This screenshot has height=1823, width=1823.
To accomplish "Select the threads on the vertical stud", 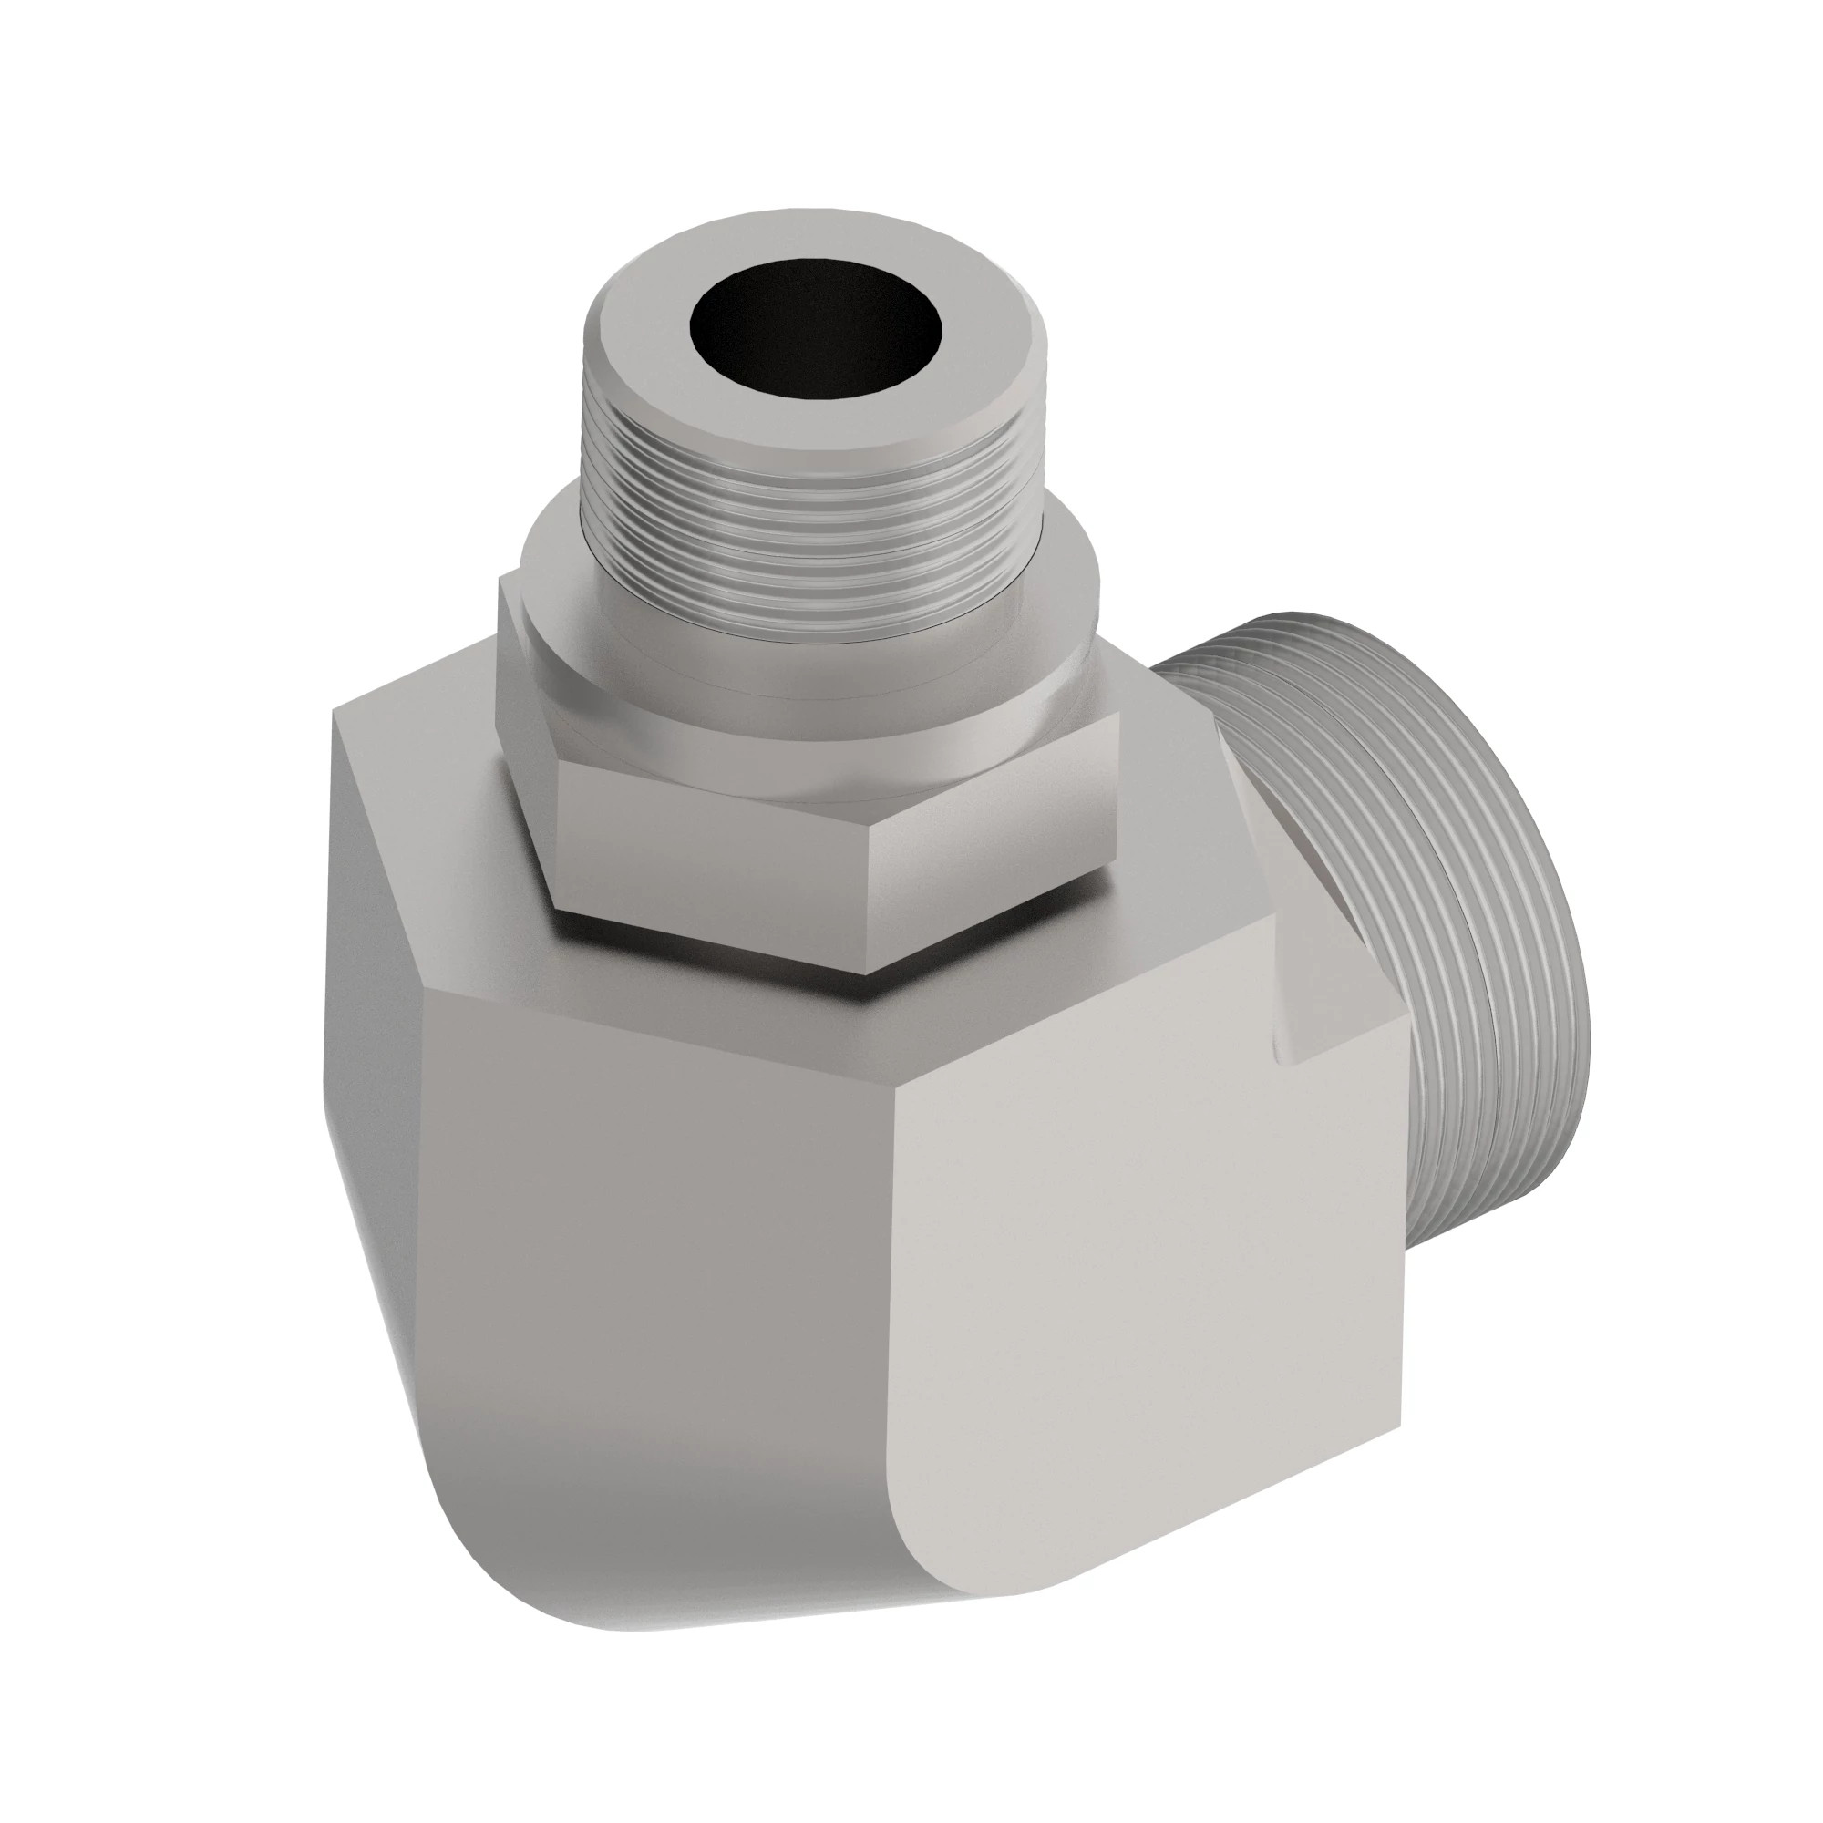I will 811,510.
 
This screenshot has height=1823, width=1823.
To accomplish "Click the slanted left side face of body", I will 377,1085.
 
